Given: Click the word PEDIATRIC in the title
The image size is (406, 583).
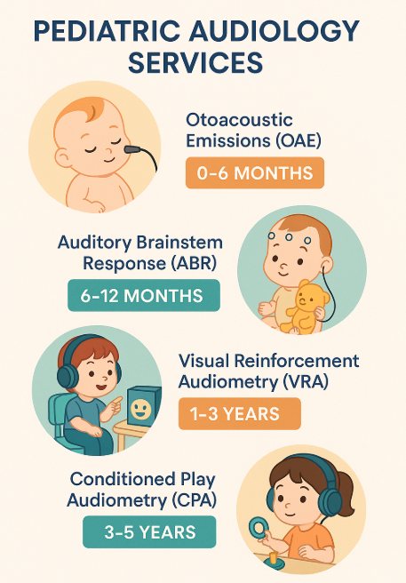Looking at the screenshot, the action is point(107,31).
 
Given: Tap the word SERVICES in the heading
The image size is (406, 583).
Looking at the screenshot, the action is point(195,62).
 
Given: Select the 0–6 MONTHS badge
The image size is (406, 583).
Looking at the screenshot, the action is point(255,173).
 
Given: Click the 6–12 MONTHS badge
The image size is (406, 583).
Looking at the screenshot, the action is point(144,296).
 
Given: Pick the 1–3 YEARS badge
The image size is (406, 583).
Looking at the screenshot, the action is point(240,414).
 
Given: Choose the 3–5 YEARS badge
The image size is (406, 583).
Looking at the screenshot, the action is point(149,532).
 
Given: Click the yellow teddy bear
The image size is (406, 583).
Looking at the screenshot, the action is point(304,307).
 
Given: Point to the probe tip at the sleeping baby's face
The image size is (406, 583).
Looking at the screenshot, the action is point(132,150).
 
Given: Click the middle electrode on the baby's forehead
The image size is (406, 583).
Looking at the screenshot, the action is point(289,236).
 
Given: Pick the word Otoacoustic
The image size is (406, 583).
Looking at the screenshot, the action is point(239,120).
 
